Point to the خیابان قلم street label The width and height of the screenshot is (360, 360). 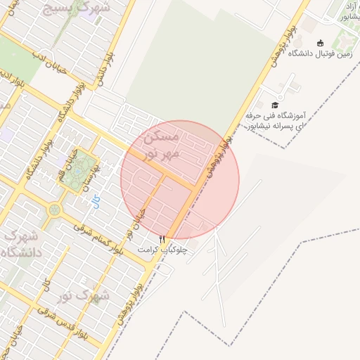click(67, 161)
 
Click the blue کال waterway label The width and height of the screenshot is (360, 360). click(96, 202)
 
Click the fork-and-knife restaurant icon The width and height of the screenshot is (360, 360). click(162, 239)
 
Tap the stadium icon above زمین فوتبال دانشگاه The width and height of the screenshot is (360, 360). click(320, 43)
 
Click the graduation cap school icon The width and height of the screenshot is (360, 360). click(274, 105)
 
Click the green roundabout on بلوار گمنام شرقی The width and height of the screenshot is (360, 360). click(54, 209)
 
